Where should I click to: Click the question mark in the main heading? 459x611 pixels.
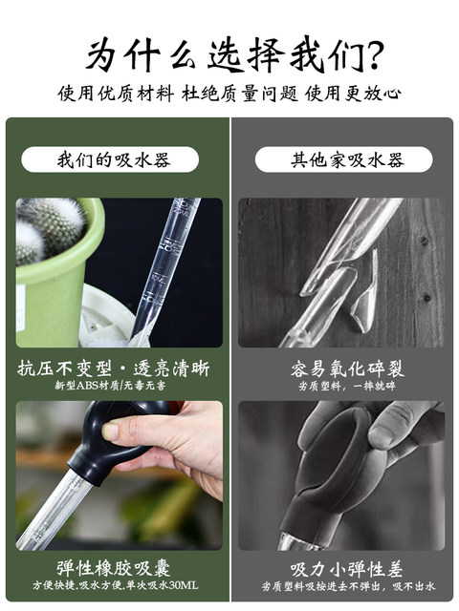373,54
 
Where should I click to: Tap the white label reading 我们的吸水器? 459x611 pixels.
110,159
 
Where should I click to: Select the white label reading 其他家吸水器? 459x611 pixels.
344,159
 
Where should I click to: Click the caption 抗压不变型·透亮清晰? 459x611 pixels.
114,369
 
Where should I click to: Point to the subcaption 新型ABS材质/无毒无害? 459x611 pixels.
110,386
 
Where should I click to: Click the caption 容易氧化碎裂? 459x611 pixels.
347,369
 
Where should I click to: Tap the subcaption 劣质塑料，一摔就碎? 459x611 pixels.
347,386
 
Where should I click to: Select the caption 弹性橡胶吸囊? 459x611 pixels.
114,569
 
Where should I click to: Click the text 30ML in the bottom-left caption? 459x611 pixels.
184,585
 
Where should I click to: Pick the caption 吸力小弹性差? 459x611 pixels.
346,569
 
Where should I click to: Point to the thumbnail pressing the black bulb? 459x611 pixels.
111,432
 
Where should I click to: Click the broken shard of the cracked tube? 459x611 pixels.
365,292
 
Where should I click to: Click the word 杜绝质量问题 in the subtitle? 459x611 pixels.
240,94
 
